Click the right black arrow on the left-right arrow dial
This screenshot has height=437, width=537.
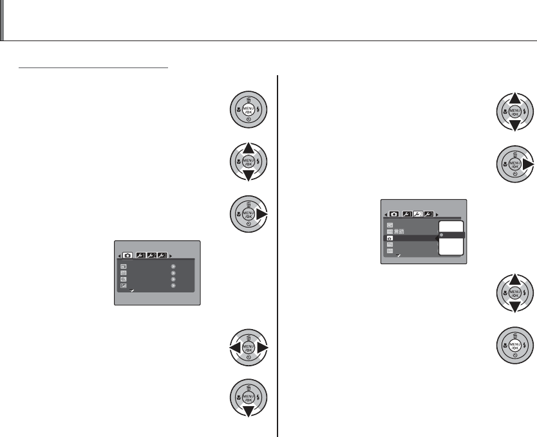pyautogui.click(x=265, y=348)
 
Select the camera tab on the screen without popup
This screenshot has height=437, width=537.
pyautogui.click(x=128, y=254)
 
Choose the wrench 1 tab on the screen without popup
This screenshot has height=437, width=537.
pyautogui.click(x=140, y=254)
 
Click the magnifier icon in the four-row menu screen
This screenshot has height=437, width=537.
pyautogui.click(x=123, y=280)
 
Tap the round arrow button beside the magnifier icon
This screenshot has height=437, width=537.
pyautogui.click(x=173, y=280)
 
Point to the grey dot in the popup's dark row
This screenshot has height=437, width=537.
pyautogui.click(x=442, y=236)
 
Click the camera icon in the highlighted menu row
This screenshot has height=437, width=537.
pyautogui.click(x=390, y=238)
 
